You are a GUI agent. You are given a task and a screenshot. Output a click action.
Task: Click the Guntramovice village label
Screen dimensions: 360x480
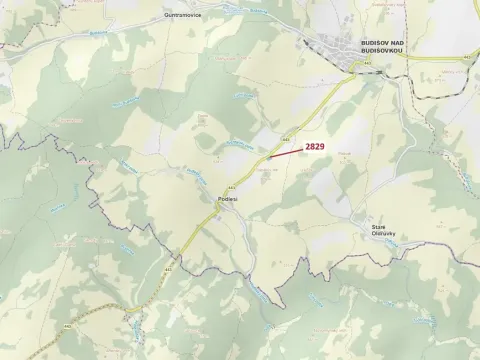coord(185,16)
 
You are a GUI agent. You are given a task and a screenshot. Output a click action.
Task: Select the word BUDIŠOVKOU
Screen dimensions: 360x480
coord(383,51)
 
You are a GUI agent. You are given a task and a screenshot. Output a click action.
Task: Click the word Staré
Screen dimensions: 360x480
coord(379,227)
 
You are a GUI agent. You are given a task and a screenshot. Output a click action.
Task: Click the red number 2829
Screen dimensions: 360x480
coord(314,146)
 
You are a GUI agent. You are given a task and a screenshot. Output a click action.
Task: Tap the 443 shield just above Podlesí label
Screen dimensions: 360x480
coord(232,187)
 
